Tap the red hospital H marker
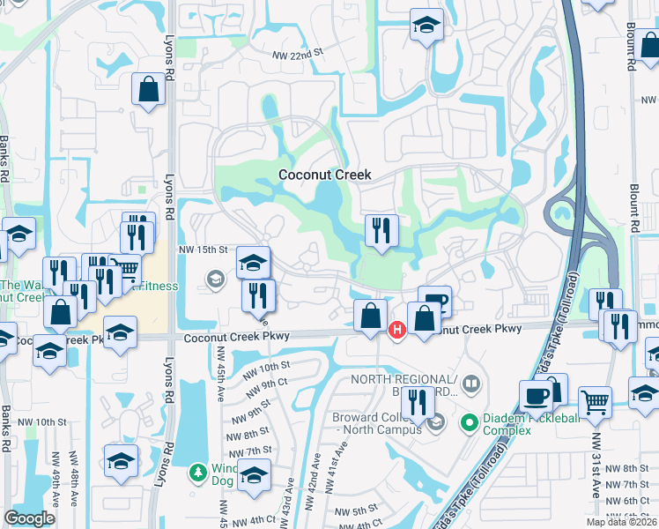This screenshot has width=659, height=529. [397, 330]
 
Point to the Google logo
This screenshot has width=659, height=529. [29, 518]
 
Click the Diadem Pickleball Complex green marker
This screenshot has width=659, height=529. [470, 424]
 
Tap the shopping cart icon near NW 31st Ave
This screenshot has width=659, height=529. [596, 402]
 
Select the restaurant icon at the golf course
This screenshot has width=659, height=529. [381, 231]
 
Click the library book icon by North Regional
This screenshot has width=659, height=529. [471, 384]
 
